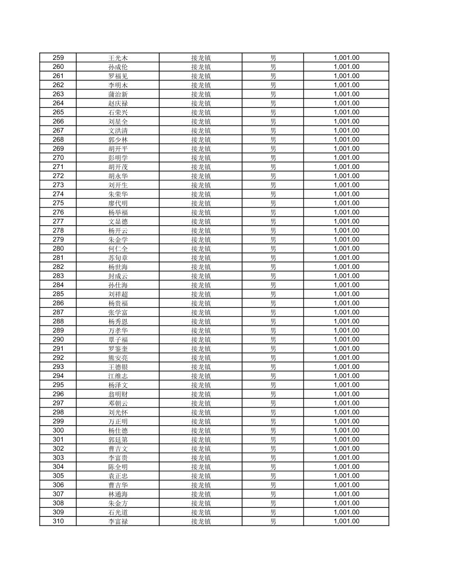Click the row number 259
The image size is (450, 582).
point(58,58)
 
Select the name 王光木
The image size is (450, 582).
point(118,58)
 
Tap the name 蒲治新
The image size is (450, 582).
point(118,94)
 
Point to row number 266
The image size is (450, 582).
point(58,121)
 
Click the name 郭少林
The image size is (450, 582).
point(118,140)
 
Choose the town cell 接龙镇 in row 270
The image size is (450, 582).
point(201,158)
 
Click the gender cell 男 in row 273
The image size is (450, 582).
point(273,185)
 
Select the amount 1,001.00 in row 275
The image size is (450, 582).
point(347,203)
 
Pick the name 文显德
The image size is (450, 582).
point(118,222)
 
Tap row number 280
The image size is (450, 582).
point(58,248)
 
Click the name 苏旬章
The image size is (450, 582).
point(118,258)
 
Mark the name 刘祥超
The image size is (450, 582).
point(118,294)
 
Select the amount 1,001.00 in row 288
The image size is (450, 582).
point(347,321)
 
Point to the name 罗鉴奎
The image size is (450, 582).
point(118,349)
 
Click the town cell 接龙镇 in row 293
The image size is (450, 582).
point(201,367)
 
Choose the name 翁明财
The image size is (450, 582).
point(118,394)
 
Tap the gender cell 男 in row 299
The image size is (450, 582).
point(273,422)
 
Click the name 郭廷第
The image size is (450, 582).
point(118,439)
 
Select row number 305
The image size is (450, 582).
point(58,476)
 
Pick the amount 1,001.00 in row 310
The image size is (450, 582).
point(347,521)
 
